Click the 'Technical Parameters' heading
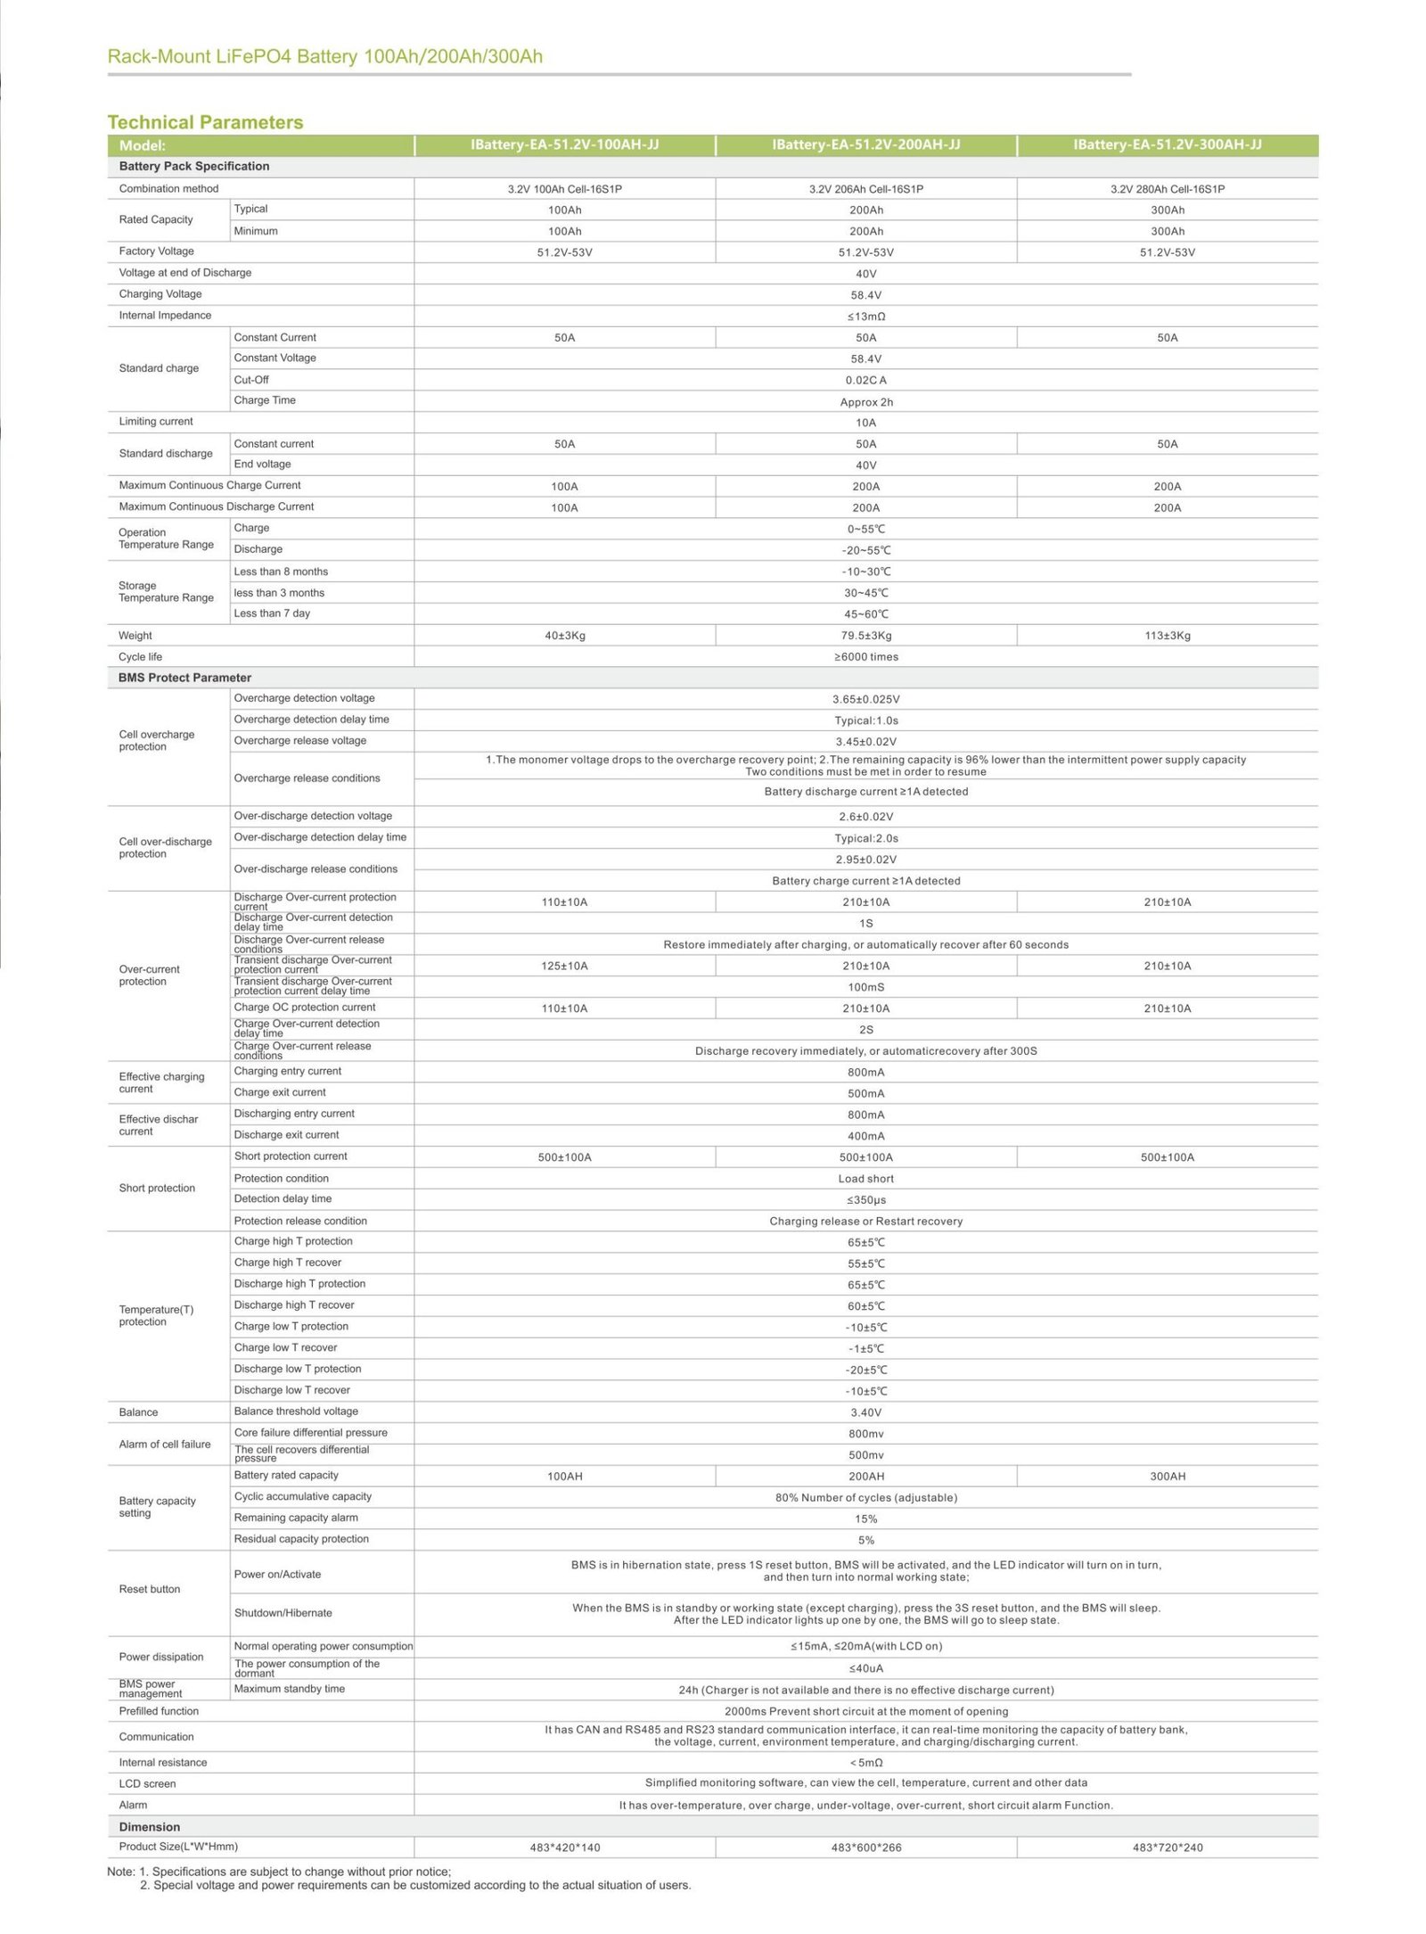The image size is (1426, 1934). click(x=205, y=122)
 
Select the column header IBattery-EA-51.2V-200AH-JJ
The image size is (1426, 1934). click(x=865, y=144)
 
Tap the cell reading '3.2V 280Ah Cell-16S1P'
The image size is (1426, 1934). click(x=1167, y=189)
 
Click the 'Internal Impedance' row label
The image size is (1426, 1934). click(x=165, y=316)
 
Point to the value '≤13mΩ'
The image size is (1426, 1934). click(x=865, y=317)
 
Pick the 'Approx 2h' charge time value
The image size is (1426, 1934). click(x=865, y=402)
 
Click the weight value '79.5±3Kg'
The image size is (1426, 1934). click(x=865, y=636)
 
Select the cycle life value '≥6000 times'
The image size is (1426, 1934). click(x=865, y=657)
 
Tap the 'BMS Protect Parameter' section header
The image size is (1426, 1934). click(x=184, y=678)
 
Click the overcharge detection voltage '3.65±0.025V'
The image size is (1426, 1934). click(x=865, y=700)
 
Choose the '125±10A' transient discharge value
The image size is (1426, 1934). click(x=564, y=967)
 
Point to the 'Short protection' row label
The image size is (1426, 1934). click(x=157, y=1189)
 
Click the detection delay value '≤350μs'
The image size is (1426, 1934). click(x=865, y=1200)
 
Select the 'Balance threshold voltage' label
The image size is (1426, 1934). click(x=296, y=1411)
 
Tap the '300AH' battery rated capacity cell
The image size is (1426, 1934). click(x=1167, y=1477)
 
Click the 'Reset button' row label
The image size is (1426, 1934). click(x=150, y=1589)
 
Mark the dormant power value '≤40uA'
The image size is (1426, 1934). click(x=865, y=1668)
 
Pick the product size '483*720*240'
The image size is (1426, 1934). click(x=1167, y=1848)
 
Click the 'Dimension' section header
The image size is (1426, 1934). click(x=150, y=1827)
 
